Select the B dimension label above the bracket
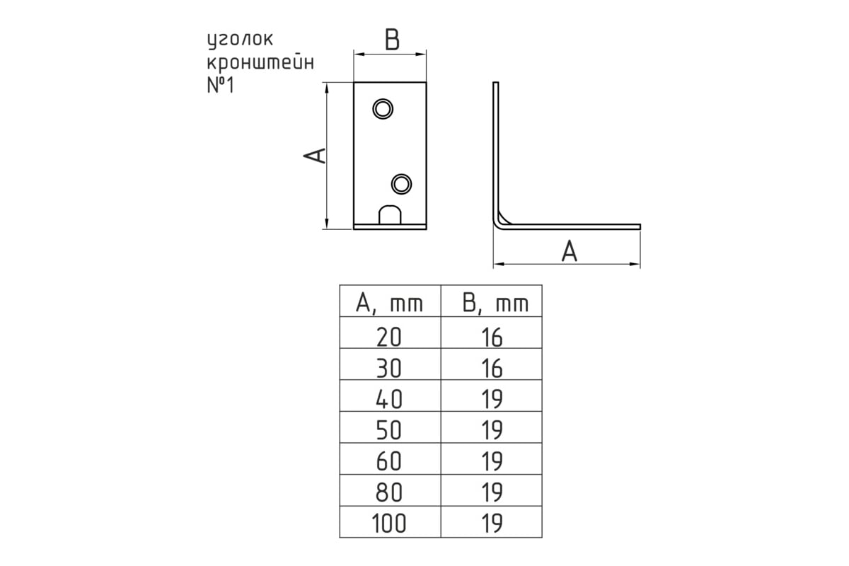click(392, 40)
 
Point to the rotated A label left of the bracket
click(315, 156)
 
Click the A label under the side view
click(570, 252)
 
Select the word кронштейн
click(261, 62)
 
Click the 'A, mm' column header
click(389, 304)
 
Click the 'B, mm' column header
click(495, 304)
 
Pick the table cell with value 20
click(389, 337)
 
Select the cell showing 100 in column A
click(389, 523)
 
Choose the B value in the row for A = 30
click(492, 368)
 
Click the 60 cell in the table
click(389, 461)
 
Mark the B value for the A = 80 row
click(492, 492)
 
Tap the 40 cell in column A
click(389, 399)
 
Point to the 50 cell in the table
click(389, 430)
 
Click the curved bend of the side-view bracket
click(499, 224)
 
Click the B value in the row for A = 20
click(492, 337)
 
